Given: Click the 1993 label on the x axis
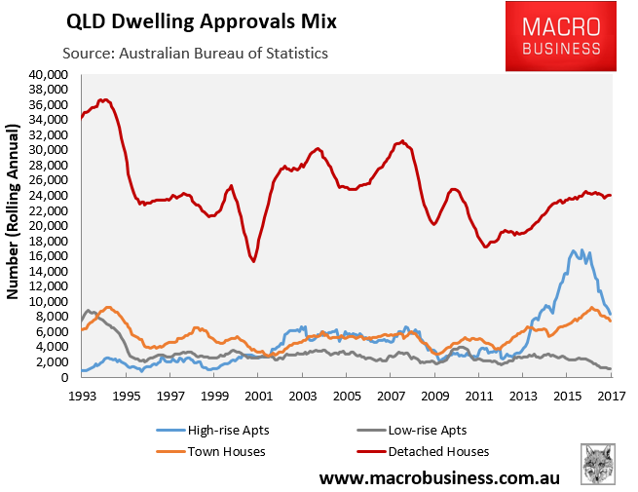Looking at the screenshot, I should click(82, 395).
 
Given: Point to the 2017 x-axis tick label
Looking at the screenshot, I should click(611, 395).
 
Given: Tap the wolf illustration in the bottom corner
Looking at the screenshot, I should click(597, 464).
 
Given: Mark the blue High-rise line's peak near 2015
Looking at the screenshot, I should click(575, 250).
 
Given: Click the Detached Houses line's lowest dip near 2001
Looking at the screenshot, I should click(253, 261).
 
